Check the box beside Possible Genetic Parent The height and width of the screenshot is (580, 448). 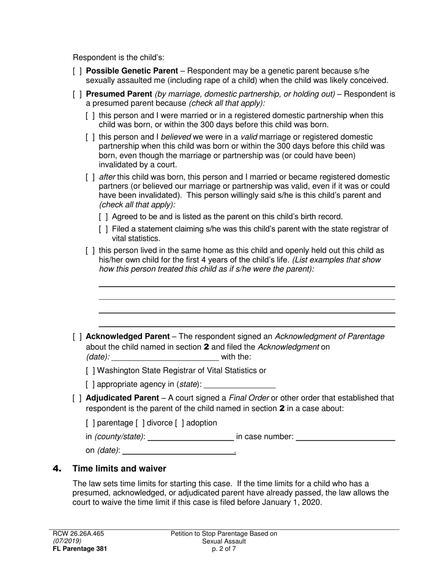(x=77, y=71)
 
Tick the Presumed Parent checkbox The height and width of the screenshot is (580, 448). (x=77, y=94)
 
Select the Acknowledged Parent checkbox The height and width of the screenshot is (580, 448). (x=77, y=337)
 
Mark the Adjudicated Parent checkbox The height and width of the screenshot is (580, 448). (x=77, y=398)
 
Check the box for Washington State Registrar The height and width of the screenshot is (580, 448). (x=90, y=371)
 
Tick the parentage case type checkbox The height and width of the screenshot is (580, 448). (x=90, y=423)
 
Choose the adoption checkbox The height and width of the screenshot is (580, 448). (x=179, y=423)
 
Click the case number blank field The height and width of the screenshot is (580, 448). (x=345, y=437)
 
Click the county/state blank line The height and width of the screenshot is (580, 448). (x=191, y=437)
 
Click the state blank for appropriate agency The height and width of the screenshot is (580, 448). (x=240, y=384)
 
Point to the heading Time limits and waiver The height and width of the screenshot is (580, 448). (x=119, y=468)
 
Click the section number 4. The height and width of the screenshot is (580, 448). (x=57, y=468)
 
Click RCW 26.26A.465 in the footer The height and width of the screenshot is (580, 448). (x=78, y=534)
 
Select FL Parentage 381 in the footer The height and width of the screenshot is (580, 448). (x=76, y=548)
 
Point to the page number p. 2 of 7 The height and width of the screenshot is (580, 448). (x=224, y=548)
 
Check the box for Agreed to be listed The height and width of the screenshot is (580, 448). (x=103, y=217)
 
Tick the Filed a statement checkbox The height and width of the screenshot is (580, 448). (x=103, y=229)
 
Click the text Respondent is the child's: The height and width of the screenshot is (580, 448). (x=118, y=58)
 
